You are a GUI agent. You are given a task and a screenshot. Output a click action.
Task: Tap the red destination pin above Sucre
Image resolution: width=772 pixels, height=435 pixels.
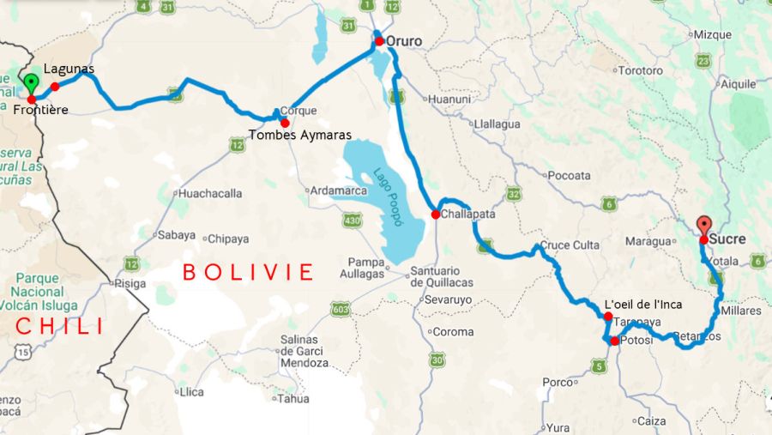[x=704, y=225]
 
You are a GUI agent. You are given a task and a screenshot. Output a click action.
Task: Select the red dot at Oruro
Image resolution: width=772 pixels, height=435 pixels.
[x=379, y=41]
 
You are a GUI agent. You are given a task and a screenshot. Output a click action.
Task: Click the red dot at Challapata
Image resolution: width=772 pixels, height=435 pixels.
[x=436, y=214]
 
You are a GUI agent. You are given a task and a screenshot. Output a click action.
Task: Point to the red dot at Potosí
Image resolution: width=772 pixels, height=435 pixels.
[x=614, y=341]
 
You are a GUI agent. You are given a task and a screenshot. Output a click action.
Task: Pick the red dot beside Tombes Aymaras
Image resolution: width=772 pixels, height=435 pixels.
[x=284, y=123]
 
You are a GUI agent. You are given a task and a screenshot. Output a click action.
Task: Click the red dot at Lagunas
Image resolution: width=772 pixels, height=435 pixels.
[x=55, y=86]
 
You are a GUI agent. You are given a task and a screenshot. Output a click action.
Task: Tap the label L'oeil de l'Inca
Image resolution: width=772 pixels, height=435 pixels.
[x=643, y=305]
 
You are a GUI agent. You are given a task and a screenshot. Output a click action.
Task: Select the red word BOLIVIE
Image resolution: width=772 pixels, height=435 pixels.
[x=248, y=273]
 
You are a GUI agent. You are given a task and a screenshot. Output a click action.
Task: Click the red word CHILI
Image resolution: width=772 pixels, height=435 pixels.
[x=60, y=326]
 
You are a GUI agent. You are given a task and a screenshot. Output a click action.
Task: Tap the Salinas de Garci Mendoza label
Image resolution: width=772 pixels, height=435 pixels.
[x=305, y=352]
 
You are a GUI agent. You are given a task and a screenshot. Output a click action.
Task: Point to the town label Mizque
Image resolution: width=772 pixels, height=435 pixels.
[x=712, y=34]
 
